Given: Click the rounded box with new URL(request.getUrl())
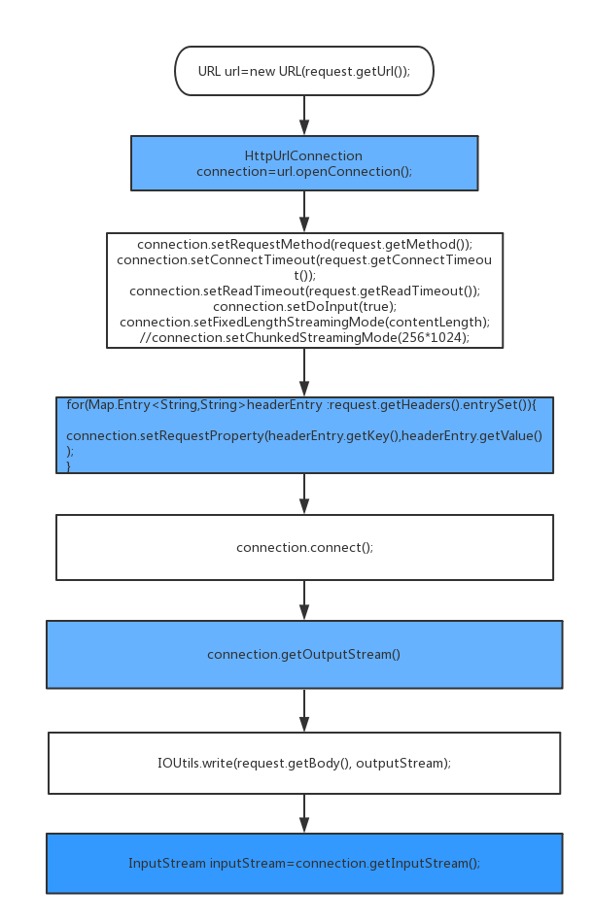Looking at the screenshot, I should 303,71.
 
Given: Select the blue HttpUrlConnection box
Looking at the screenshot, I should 303,163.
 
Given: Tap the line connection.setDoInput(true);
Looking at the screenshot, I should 304,306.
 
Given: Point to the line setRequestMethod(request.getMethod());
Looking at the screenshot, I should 304,244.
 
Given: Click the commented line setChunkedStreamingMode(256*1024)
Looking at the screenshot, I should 304,337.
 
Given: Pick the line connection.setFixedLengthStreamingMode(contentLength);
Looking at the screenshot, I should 304,322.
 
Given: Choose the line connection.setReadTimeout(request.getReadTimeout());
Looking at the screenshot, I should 304,291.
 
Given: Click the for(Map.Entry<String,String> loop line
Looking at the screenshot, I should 308,403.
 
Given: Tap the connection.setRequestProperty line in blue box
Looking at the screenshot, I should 303,435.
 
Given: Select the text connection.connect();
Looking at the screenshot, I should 304,547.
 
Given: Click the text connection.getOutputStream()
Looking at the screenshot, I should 303,654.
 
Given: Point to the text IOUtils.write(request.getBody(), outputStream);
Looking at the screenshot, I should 303,763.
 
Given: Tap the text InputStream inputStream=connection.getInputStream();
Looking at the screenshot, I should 303,863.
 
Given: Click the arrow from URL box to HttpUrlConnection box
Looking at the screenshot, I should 304,116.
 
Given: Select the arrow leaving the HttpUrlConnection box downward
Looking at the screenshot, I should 304,212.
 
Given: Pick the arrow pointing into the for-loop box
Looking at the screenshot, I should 304,372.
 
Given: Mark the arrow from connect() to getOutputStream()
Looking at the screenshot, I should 304,600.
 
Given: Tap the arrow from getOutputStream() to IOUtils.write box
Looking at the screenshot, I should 304,711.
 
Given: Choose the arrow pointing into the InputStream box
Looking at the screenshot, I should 304,813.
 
